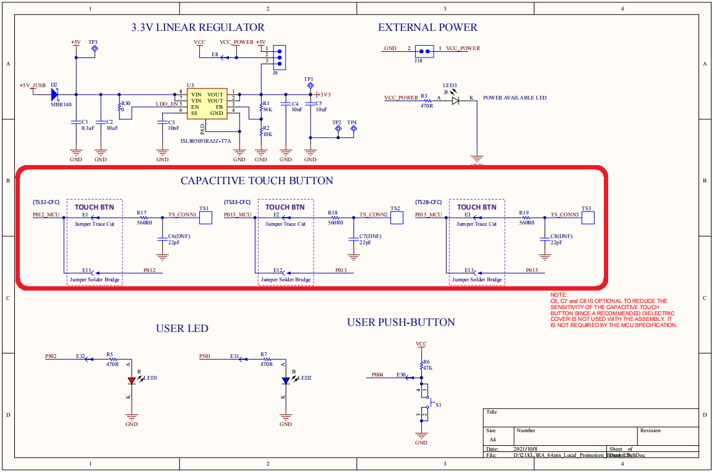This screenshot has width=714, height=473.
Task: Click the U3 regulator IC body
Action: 207,103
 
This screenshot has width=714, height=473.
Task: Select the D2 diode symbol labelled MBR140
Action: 54,94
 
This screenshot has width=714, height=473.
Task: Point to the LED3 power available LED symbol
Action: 456,99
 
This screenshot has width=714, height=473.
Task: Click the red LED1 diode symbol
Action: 132,380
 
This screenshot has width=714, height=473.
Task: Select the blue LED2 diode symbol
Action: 286,380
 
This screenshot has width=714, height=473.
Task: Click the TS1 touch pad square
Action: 205,218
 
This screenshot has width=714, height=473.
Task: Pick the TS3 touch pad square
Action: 588,218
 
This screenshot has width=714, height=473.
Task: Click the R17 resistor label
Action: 142,213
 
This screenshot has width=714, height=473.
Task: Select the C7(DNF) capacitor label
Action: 370,236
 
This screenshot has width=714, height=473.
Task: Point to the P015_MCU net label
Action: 428,215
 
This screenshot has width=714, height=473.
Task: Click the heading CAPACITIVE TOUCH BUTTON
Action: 257,181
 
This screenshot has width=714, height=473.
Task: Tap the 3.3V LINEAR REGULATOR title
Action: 198,28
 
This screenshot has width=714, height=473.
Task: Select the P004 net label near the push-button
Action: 378,375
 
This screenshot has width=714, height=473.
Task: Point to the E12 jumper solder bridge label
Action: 278,270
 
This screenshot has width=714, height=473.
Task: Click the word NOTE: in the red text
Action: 559,295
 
